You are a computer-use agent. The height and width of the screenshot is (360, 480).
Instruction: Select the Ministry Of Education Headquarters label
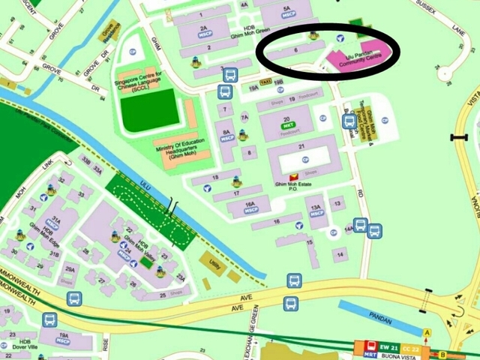coord(179,151)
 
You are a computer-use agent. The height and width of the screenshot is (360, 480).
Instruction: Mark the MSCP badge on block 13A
coord(316,212)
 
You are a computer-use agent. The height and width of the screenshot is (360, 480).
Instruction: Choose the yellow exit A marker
coord(427,332)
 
